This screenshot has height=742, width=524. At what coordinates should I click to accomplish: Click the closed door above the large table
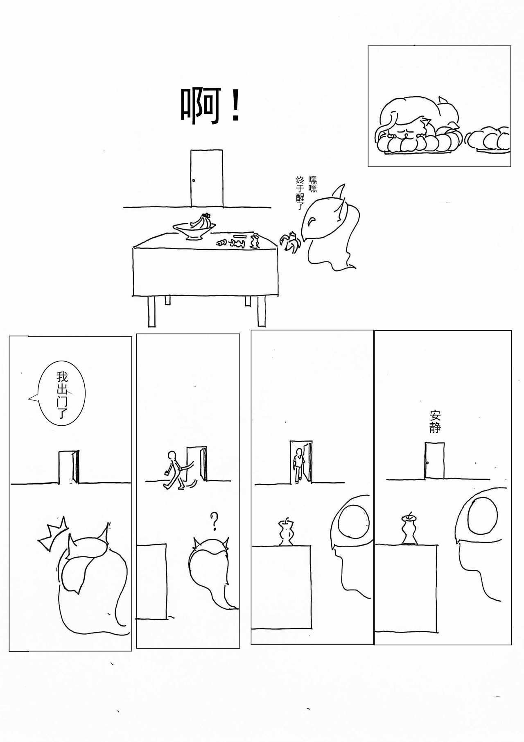click(x=207, y=178)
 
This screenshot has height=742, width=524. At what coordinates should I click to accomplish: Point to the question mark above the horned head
click(x=213, y=521)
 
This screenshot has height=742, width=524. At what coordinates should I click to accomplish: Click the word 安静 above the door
click(x=435, y=422)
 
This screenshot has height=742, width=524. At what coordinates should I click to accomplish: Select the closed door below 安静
click(x=434, y=461)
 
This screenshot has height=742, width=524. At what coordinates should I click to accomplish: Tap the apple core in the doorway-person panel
click(x=285, y=532)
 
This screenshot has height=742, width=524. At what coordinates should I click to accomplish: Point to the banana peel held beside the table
click(x=291, y=242)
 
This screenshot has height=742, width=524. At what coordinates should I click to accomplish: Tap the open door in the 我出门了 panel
click(x=69, y=467)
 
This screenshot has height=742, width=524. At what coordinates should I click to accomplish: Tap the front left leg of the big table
click(x=151, y=311)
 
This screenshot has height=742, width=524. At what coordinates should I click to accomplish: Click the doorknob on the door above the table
click(x=194, y=180)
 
